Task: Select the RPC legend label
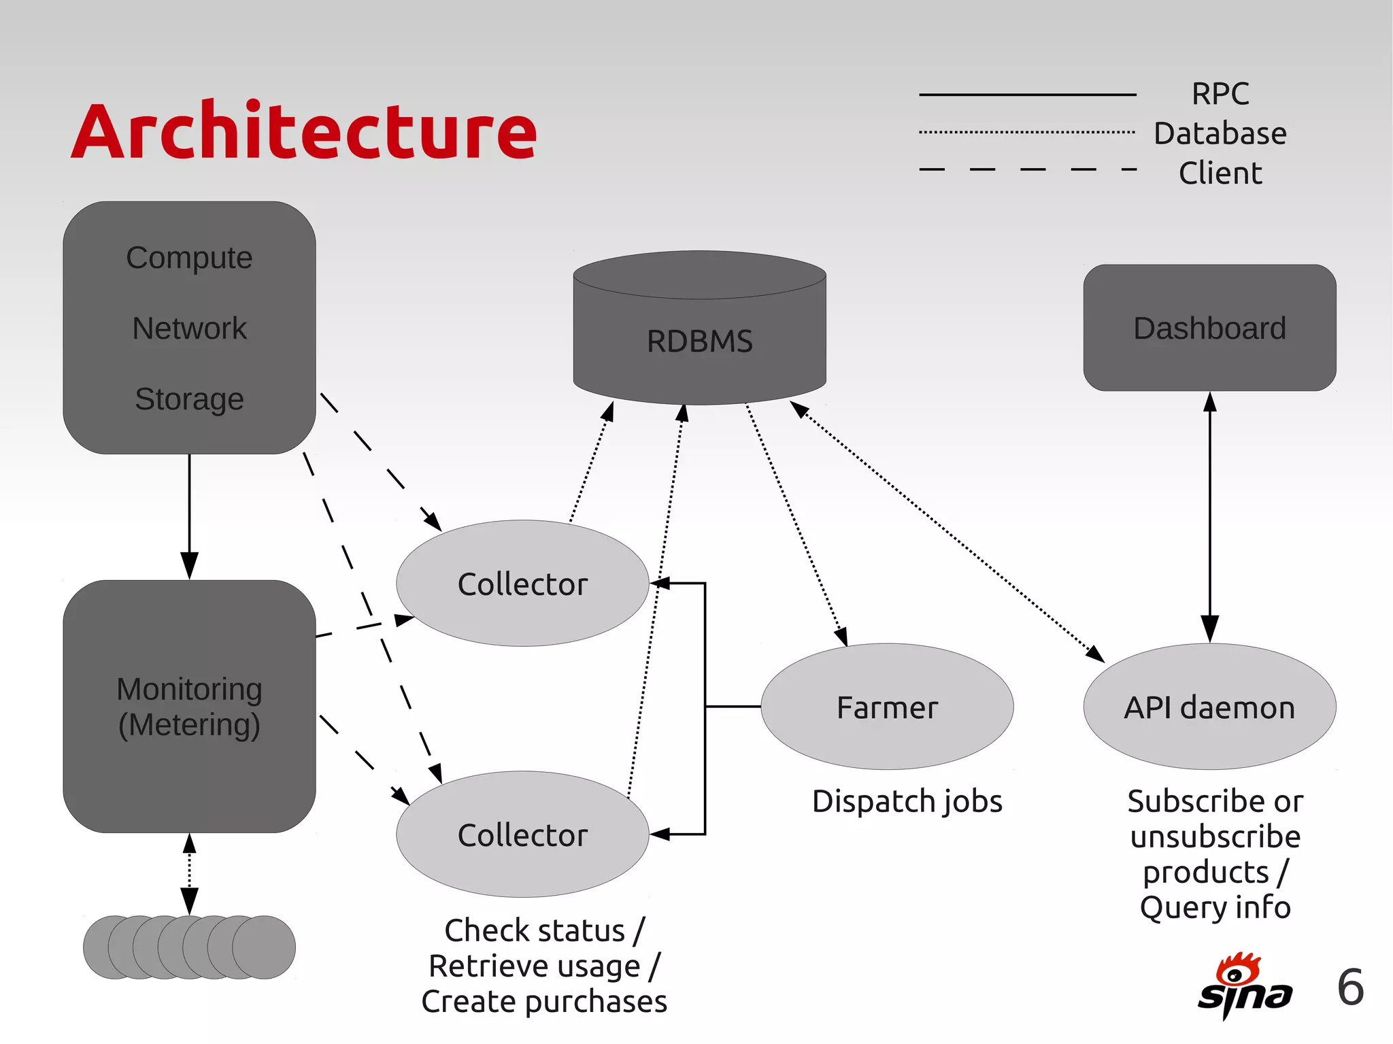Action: [x=1220, y=94]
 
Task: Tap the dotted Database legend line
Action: [x=1027, y=132]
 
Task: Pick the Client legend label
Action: [x=1220, y=173]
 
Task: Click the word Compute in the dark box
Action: [x=189, y=258]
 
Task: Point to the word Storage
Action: [x=189, y=399]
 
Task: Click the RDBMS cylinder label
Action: [x=699, y=341]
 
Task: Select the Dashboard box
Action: [x=1209, y=328]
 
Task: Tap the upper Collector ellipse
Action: [x=522, y=584]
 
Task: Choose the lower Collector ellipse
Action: [x=522, y=835]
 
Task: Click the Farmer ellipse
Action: [x=887, y=707]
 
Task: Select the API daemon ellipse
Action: [x=1209, y=707]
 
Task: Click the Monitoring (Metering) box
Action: [x=189, y=707]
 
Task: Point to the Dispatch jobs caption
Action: [x=907, y=801]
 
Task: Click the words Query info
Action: [x=1215, y=907]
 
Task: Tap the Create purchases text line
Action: [x=544, y=1001]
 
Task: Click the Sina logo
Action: [x=1244, y=986]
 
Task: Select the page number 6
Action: [x=1350, y=987]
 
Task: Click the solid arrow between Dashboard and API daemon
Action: [x=1209, y=517]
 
